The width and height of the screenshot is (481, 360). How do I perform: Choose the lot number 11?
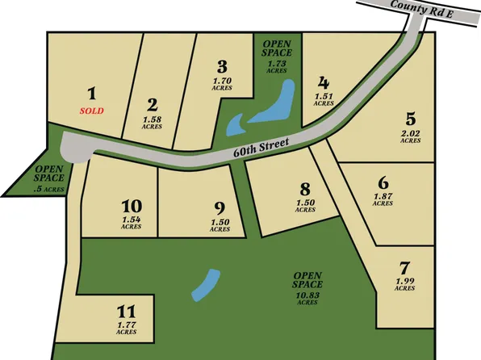click(x=125, y=311)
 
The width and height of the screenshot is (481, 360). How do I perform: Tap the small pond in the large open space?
click(x=206, y=283)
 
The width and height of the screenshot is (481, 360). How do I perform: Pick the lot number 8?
click(x=304, y=189)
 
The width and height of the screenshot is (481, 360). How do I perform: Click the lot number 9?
click(x=220, y=207)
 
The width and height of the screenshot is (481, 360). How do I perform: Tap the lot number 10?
click(x=132, y=205)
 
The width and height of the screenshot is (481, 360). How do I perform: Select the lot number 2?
click(x=152, y=104)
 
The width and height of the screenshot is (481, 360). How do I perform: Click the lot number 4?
click(x=324, y=82)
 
